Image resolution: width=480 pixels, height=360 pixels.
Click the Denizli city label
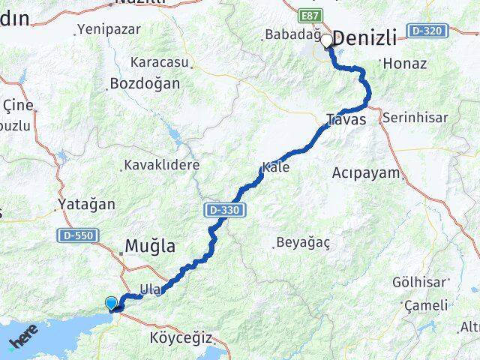tap(364, 39)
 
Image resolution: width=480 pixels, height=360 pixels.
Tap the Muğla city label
tap(150, 245)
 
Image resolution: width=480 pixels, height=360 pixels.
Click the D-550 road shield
tap(78, 235)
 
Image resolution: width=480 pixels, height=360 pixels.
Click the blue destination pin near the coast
tap(112, 303)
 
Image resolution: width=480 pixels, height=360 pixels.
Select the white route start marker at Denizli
tap(327, 42)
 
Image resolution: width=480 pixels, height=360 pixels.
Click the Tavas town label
tap(346, 119)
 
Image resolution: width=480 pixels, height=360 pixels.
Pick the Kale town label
tap(275, 167)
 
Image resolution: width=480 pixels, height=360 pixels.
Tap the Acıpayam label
tap(366, 172)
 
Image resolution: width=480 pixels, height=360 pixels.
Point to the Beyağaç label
tap(303, 242)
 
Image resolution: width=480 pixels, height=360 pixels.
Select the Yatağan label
tap(87, 204)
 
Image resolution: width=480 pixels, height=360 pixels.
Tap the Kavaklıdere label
tap(162, 165)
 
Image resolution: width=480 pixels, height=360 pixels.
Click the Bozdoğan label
tap(145, 83)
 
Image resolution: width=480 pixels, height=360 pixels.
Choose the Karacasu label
tap(160, 61)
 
